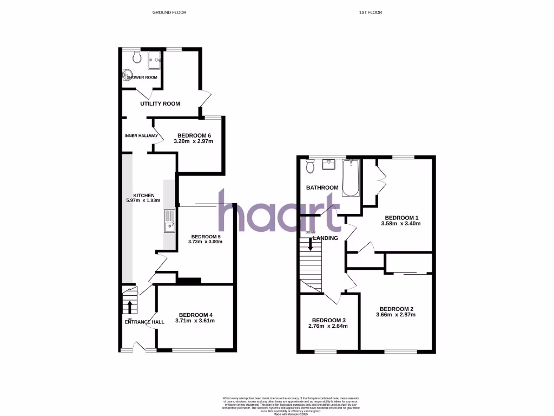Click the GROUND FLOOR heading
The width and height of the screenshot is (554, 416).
[x=169, y=12]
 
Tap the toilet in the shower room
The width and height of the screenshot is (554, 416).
[x=135, y=57]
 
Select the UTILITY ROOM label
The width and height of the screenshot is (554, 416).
[x=160, y=103]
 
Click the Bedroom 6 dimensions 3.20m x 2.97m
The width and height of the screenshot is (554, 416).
[x=193, y=142]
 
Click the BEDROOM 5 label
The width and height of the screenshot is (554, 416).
[x=206, y=236]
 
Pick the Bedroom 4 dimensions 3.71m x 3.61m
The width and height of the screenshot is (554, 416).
[x=195, y=321]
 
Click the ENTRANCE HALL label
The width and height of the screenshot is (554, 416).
[x=144, y=322]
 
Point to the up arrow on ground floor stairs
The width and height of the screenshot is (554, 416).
[x=130, y=307]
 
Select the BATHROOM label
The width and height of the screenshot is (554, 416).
[x=322, y=188]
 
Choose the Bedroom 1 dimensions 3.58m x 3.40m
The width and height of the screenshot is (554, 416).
[x=400, y=223]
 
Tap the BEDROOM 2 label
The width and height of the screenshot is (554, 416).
[x=396, y=308]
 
